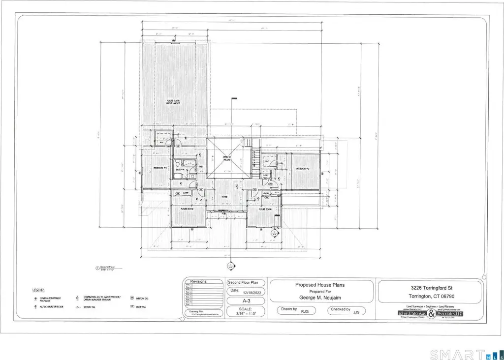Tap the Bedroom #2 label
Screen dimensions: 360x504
point(302,169)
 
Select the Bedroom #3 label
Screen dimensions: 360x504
point(160,168)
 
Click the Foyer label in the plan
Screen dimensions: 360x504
point(224,197)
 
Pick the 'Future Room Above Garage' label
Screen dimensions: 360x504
point(173,102)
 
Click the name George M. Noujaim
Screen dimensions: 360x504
point(320,298)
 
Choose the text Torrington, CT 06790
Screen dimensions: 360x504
point(429,296)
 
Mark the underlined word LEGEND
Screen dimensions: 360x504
point(38,290)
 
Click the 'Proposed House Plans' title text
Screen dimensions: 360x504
point(320,285)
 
